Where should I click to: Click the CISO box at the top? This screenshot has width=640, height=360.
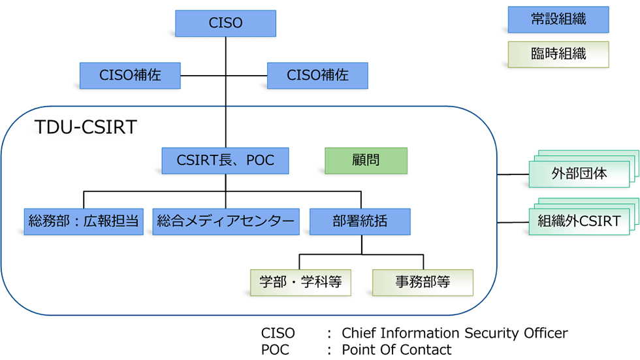225,23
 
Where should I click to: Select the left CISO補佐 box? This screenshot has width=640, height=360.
130,75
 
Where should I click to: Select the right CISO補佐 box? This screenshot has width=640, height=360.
317,75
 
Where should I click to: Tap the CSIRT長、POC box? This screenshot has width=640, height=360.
225,160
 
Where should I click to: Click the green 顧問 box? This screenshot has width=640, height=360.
366,160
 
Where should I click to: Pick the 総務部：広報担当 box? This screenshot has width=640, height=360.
84,221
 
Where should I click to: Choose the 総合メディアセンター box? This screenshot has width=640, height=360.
225,221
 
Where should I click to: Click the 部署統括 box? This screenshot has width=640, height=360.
360,221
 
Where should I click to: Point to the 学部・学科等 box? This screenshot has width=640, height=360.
300,282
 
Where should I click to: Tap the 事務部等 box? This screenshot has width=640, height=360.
423,282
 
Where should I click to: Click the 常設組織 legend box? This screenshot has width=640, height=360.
558,20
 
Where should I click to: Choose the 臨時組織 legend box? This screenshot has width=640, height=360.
558,54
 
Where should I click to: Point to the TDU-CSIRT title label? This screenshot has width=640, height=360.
86,127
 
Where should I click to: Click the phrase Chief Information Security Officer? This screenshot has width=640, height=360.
455,333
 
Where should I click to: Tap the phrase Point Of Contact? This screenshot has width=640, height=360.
396,350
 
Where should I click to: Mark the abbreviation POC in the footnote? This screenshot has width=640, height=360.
275,350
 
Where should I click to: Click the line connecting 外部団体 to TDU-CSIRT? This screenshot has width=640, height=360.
513,174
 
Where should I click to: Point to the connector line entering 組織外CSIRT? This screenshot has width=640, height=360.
513,221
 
